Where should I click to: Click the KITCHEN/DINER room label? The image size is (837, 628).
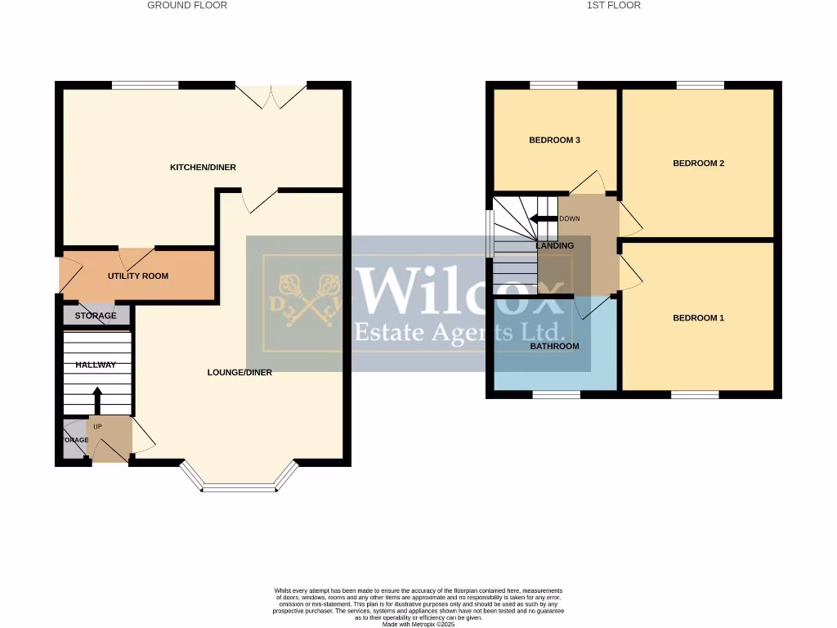tap(203, 168)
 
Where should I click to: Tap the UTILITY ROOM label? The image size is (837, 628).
tap(138, 276)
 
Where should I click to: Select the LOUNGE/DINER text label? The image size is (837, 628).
tap(239, 373)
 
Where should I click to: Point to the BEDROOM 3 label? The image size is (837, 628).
tap(554, 141)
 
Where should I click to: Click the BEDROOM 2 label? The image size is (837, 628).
tap(698, 164)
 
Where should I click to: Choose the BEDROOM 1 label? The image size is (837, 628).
tap(698, 318)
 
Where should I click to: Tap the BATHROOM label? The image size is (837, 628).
tap(554, 347)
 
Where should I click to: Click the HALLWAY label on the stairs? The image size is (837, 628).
tap(96, 366)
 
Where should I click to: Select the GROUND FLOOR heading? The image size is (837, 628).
tap(187, 6)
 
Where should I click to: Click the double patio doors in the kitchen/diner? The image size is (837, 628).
tap(272, 94)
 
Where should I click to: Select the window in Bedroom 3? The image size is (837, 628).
tap(553, 84)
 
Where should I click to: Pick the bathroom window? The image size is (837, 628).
tap(557, 395)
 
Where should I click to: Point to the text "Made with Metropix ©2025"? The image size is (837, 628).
tap(418, 624)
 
